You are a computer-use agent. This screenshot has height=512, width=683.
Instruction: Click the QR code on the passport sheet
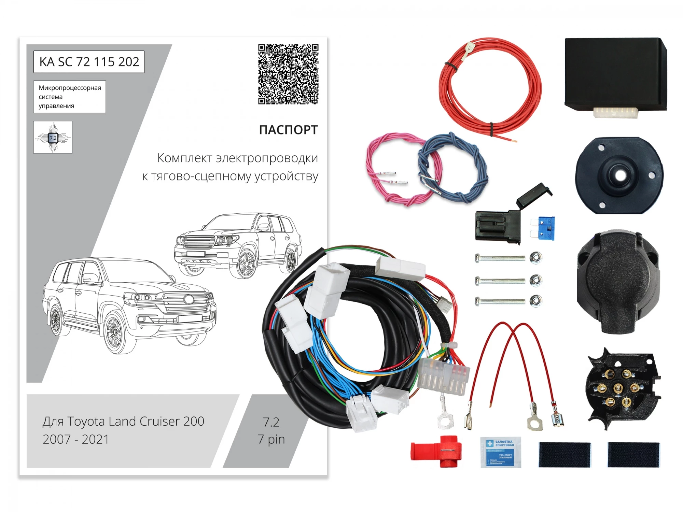[x=288, y=74]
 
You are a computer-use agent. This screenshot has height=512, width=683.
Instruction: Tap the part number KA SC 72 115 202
[x=89, y=62]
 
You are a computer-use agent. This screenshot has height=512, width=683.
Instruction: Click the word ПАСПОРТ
[x=288, y=130]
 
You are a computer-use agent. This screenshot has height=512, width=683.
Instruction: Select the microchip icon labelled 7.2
[x=53, y=137]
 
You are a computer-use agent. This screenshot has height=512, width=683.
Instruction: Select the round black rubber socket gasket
[x=619, y=175]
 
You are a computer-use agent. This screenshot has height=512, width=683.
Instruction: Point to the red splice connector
[x=437, y=451]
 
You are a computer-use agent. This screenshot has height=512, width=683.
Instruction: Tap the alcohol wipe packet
[x=501, y=452]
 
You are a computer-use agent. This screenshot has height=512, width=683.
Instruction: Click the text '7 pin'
[x=271, y=439]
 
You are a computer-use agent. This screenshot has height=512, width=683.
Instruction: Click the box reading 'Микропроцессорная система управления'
[x=70, y=97]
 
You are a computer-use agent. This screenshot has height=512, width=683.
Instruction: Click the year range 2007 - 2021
[x=76, y=439]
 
